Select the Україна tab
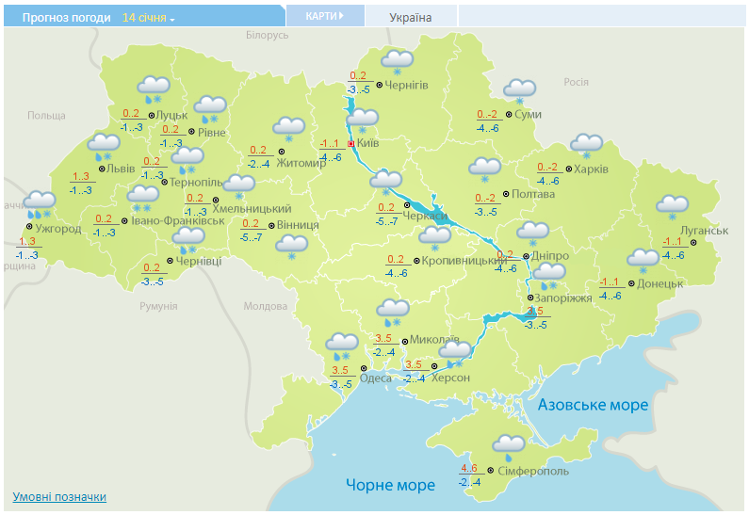click(411, 17)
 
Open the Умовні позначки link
click(59, 496)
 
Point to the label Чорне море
click(390, 485)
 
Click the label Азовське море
click(593, 405)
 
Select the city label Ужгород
click(58, 228)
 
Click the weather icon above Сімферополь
click(508, 446)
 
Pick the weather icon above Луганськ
click(672, 207)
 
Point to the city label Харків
click(591, 169)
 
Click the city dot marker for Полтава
click(506, 194)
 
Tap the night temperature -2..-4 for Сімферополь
click(470, 483)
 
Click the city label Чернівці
click(199, 260)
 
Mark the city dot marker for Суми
click(510, 115)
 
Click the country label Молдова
click(265, 306)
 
